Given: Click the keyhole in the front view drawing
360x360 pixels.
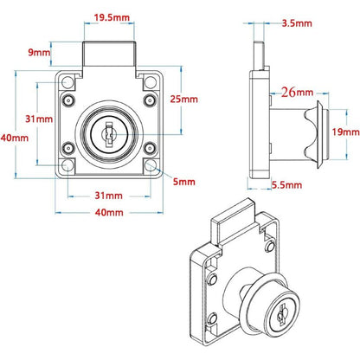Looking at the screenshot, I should point(109,133).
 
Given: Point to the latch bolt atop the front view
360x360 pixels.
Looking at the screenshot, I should point(110,55).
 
